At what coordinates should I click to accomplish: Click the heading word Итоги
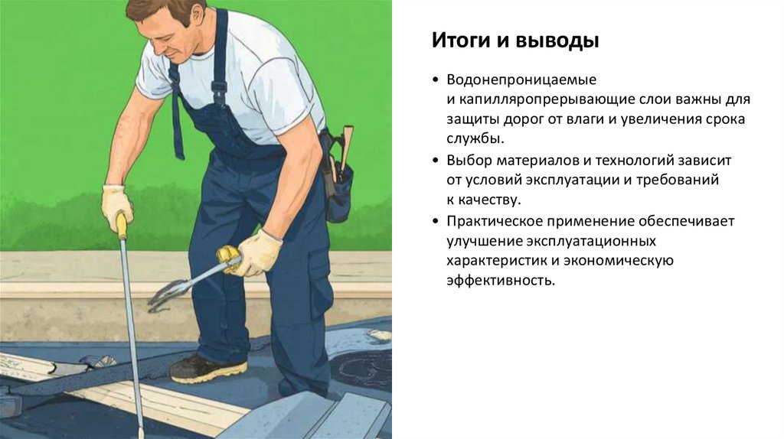[461, 41]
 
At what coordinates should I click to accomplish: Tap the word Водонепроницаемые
[521, 80]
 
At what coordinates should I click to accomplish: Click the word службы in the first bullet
[475, 138]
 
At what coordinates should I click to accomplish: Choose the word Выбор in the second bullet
[469, 161]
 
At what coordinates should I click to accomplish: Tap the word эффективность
[501, 280]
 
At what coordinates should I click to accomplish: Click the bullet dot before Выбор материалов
[436, 161]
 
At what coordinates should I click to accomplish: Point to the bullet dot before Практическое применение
[436, 221]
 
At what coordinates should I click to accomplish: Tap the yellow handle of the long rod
[122, 226]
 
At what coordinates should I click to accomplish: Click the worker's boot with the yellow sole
[208, 369]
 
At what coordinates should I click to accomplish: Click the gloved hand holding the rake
[258, 252]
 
